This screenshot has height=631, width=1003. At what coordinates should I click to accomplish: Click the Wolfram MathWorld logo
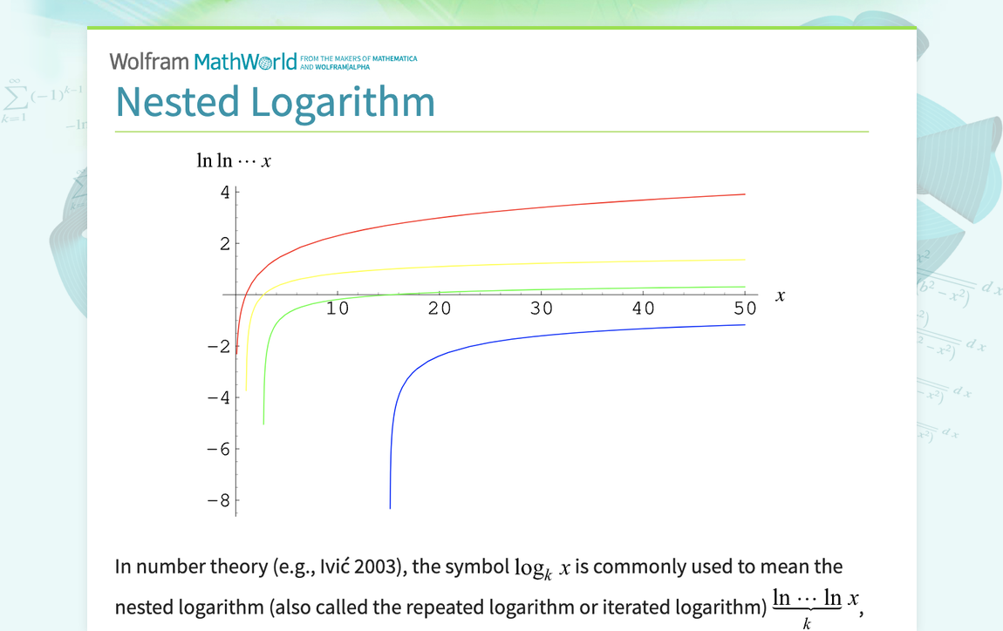[203, 61]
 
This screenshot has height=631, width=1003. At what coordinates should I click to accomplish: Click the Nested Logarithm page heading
[275, 102]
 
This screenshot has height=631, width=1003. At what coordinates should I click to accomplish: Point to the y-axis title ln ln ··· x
[234, 161]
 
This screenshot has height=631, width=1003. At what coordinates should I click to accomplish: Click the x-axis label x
[780, 295]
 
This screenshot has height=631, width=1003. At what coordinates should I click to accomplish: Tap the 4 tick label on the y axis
[225, 193]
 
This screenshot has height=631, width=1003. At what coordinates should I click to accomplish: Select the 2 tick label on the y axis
[225, 244]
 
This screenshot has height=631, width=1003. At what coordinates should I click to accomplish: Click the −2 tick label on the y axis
[218, 347]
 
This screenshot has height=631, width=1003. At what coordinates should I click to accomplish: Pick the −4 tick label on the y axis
[218, 398]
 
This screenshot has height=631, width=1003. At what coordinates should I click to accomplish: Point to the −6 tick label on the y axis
[218, 450]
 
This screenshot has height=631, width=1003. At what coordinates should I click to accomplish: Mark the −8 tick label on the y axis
[218, 501]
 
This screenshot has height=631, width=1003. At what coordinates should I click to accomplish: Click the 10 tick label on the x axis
[338, 309]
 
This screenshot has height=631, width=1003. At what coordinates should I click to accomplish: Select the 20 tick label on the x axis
[440, 309]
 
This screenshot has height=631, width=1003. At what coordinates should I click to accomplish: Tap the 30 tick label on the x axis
[542, 309]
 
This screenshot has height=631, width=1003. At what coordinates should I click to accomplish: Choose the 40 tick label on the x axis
[644, 309]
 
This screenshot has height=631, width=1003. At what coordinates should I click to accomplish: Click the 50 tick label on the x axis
[745, 309]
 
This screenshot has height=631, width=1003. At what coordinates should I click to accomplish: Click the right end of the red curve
[744, 194]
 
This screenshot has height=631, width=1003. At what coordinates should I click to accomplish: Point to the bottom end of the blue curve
[390, 507]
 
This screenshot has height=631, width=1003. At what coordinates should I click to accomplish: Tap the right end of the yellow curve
[744, 260]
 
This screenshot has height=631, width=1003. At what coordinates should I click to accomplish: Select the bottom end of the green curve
[263, 424]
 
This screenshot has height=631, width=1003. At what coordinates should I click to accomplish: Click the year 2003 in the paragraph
[380, 567]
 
